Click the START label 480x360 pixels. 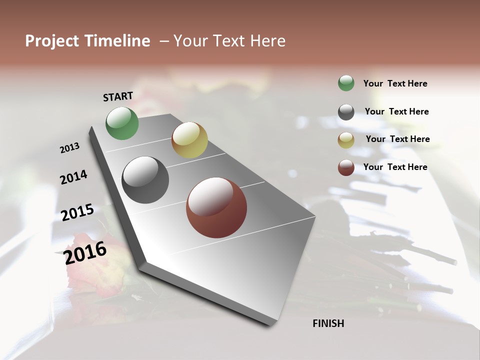(118, 96)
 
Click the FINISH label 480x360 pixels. (328, 323)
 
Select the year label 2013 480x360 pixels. (70, 148)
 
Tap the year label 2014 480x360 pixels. (73, 177)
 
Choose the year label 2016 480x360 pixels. (85, 253)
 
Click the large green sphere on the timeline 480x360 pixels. (122, 123)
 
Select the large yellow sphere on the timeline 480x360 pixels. (189, 140)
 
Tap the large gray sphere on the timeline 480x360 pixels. (145, 180)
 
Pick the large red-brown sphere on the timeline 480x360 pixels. (216, 207)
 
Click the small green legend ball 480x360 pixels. (346, 83)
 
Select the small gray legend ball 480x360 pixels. (346, 112)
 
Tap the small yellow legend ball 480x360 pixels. (346, 140)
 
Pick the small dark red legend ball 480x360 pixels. (346, 167)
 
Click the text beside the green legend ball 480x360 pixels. (395, 83)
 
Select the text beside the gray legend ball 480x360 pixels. (396, 111)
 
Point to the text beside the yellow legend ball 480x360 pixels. (397, 139)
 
